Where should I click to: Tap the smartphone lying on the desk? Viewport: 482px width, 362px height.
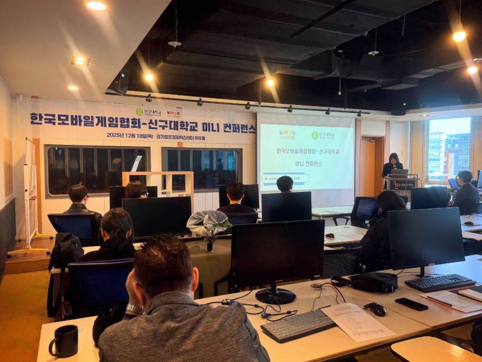point(411,304)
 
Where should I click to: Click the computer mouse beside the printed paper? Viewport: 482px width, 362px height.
point(377,309)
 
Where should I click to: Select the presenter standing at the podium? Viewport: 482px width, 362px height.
point(393,164)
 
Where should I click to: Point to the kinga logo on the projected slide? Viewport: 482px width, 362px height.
point(287,134)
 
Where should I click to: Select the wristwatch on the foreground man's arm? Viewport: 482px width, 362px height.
point(134,310)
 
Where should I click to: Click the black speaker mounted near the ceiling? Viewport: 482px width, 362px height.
point(119,82)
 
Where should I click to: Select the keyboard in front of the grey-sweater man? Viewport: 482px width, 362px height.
point(298,325)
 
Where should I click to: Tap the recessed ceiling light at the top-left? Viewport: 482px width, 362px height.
point(96,5)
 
